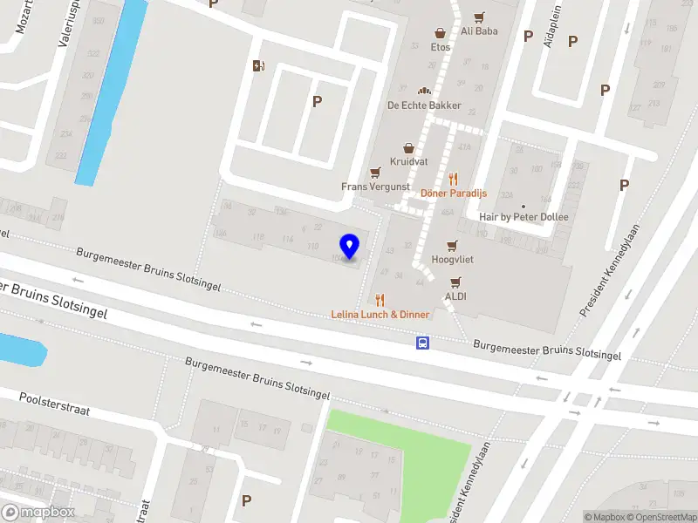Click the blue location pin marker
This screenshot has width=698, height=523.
point(350,246)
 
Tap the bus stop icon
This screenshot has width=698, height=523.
point(422,343)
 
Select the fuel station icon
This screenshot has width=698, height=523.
point(258,65)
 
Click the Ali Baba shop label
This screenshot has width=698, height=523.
point(479,31)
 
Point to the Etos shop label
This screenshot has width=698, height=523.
point(441,47)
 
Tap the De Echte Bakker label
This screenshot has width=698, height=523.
point(424,105)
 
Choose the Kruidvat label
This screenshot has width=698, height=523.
point(407,162)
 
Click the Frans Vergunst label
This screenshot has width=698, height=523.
point(376,187)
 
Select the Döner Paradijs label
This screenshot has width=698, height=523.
point(454,193)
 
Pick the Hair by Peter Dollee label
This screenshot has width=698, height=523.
point(523,217)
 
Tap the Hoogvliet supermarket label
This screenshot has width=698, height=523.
point(452,260)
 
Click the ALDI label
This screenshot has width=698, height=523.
point(455,296)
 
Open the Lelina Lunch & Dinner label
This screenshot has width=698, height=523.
point(380,314)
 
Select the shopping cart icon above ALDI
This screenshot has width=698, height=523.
point(455,282)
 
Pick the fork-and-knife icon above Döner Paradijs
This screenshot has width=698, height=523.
point(453,179)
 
